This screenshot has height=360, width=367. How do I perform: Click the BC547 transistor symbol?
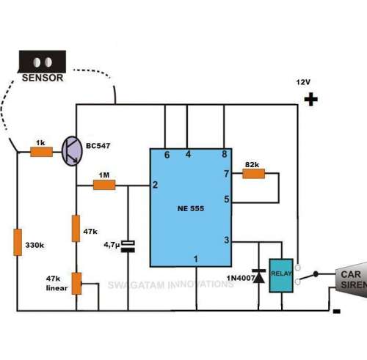pos(72,151)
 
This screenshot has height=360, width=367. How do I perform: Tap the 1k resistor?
pos(41,152)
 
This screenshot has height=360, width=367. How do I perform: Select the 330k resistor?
pos(18,242)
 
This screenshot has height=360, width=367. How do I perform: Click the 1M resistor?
pos(104,185)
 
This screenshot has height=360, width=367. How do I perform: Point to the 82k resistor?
pos(253,174)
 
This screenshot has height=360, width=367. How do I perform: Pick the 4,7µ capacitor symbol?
pos(128,246)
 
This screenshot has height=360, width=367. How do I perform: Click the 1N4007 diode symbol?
pos(258,276)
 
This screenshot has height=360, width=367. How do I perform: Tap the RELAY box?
pos(281,276)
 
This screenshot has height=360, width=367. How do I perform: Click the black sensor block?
pos(43,62)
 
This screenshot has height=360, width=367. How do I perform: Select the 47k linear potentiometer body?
pos(76,284)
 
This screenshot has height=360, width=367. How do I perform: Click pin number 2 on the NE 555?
pos(155,185)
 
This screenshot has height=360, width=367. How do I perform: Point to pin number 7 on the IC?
pos(226,174)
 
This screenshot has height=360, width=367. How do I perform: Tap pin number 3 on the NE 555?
pos(227,240)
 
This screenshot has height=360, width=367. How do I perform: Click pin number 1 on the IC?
pos(195,259)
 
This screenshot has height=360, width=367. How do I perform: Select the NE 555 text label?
pos(191,208)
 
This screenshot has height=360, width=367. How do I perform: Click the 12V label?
pos(303,82)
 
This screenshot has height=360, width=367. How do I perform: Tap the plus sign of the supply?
pos(311,100)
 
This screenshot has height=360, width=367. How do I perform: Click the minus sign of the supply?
pos(337,311)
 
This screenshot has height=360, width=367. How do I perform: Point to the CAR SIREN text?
pos(354,279)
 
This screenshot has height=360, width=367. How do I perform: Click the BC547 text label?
pos(98,146)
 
